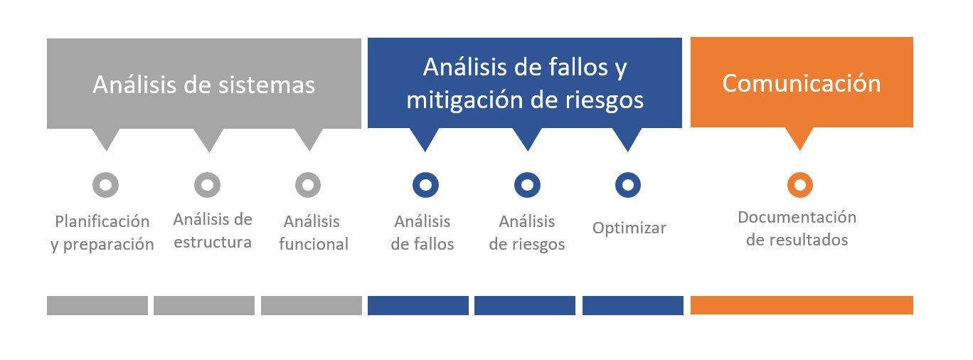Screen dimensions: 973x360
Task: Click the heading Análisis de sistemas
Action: pos(203,84)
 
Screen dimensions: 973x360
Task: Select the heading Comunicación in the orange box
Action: pos(802,83)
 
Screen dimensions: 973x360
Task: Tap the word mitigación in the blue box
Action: pos(466,100)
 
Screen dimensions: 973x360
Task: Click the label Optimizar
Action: pos(629,228)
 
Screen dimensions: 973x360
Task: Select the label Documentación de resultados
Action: pos(797,228)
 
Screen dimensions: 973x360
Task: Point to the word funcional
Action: pos(314,243)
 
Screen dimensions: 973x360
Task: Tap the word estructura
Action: pos(213,242)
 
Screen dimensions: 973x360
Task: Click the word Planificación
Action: pos(102,221)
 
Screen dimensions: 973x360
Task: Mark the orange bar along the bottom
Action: pos(802,305)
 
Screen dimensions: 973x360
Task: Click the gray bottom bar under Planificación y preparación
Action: pos(97,305)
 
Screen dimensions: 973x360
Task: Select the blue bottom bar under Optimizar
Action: pos(633,305)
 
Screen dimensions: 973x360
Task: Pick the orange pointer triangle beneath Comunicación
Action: pos(799,138)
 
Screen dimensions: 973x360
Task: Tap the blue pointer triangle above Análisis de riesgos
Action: pos(527,139)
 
